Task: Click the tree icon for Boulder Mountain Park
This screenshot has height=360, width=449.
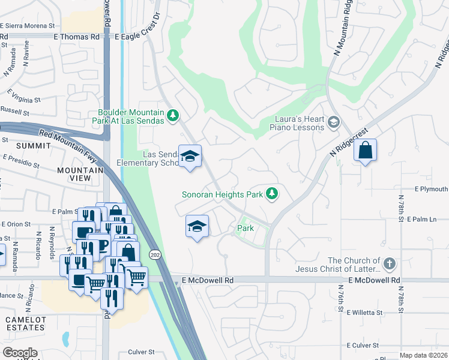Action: click(x=173, y=115)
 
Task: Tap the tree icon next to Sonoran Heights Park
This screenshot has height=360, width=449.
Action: click(x=273, y=193)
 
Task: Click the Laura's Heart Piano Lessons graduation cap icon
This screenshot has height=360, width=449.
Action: click(x=333, y=123)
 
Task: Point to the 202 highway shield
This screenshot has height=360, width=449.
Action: click(x=155, y=254)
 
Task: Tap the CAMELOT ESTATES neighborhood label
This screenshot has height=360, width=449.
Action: click(x=25, y=324)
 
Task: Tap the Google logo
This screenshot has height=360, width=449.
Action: click(x=20, y=352)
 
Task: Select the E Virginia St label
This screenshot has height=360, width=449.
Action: click(x=24, y=96)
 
